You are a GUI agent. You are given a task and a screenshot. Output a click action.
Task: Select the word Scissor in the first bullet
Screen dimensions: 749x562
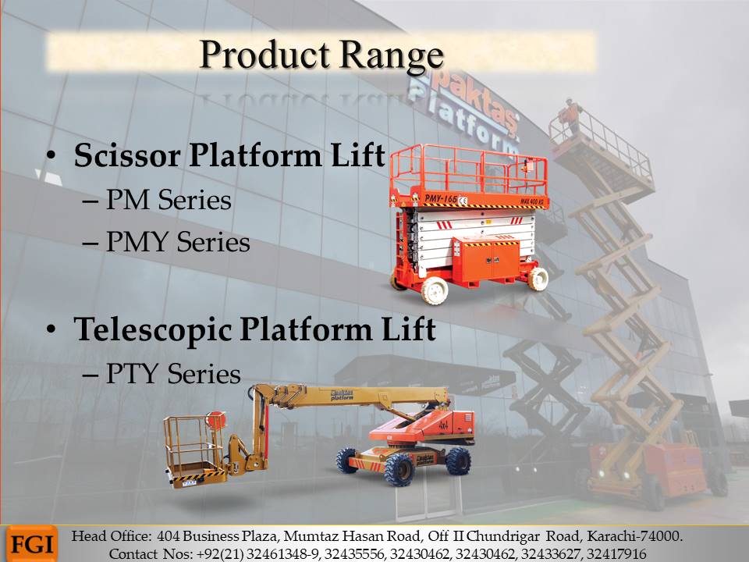tap(127, 155)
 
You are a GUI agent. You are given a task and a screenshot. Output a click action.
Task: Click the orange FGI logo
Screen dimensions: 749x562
tap(32, 544)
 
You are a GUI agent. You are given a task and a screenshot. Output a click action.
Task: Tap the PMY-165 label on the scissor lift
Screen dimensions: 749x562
tap(442, 199)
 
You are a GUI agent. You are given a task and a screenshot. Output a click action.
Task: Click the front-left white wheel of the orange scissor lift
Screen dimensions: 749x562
tap(435, 290)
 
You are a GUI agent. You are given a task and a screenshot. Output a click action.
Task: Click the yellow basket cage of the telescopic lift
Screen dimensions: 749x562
tap(194, 450)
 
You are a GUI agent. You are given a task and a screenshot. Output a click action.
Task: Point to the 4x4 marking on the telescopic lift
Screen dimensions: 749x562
tap(443, 425)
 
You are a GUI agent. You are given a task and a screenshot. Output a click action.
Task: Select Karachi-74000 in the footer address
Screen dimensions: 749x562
tap(634, 536)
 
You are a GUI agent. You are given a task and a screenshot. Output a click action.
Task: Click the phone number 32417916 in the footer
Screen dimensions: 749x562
tap(616, 554)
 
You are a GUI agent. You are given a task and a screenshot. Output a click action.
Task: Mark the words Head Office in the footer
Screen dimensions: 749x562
tap(111, 536)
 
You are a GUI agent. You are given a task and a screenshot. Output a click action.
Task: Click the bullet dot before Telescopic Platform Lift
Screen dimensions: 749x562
tap(51, 329)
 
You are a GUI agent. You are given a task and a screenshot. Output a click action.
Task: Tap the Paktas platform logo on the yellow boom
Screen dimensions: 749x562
tap(342, 395)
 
